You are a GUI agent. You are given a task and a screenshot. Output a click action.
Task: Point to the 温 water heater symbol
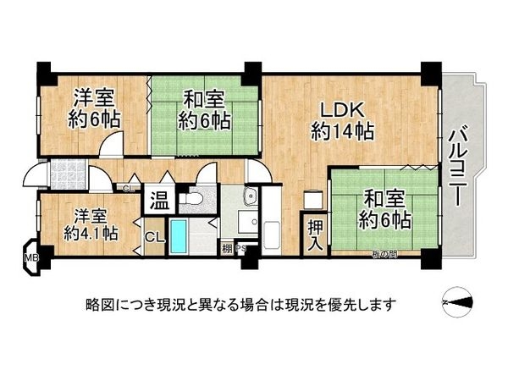pos(159,201)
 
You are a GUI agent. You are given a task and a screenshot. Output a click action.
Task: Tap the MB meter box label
pos(31,257)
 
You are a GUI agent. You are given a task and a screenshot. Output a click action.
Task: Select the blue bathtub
pos(180,235)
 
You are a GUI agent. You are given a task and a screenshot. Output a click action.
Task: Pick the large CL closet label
pos(155,236)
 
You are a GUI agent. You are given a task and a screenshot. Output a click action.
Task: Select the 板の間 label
pos(384,254)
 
